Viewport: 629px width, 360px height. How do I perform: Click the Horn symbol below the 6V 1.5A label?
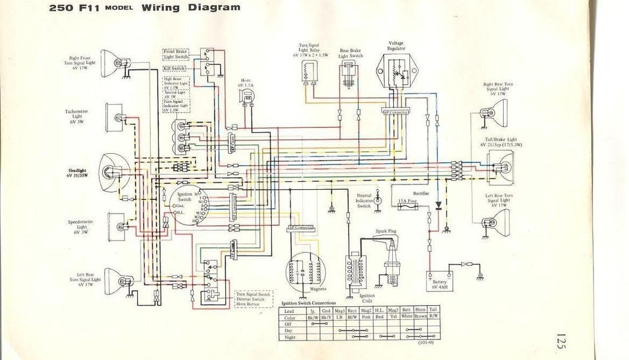[248, 98]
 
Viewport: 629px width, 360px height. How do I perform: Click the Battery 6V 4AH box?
[437, 281]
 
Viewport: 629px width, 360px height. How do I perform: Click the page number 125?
[559, 342]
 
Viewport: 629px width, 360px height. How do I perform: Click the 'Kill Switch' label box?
[174, 68]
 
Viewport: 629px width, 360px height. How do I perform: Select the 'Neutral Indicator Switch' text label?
[364, 200]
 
